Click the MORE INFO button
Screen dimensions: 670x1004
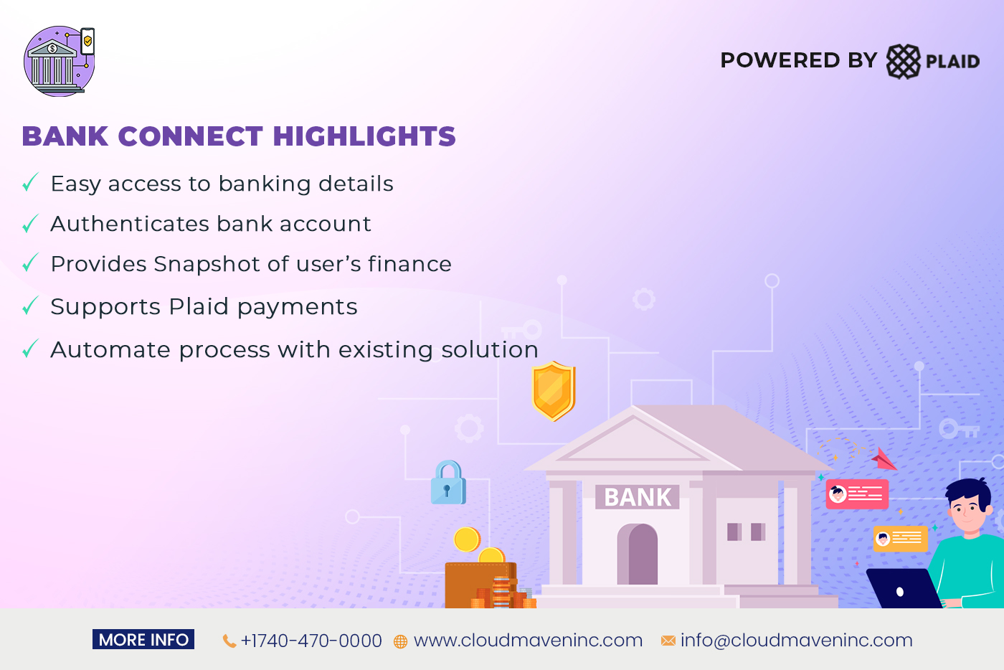point(143,640)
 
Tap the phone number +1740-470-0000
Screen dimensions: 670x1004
point(311,641)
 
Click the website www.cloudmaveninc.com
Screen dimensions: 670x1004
point(528,641)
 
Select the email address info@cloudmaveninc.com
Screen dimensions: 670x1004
point(796,641)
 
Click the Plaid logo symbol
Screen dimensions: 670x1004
point(903,61)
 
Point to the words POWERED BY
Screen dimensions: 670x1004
point(798,60)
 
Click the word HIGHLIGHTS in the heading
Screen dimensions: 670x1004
point(364,136)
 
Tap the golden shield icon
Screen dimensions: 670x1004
point(554,390)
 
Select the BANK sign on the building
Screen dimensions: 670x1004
point(638,497)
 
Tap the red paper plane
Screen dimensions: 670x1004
point(884,459)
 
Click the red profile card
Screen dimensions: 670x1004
point(857,494)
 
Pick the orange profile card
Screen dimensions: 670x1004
point(900,539)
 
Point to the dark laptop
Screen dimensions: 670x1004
point(902,589)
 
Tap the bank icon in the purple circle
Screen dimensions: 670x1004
point(55,65)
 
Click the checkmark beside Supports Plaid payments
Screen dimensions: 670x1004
point(30,307)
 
